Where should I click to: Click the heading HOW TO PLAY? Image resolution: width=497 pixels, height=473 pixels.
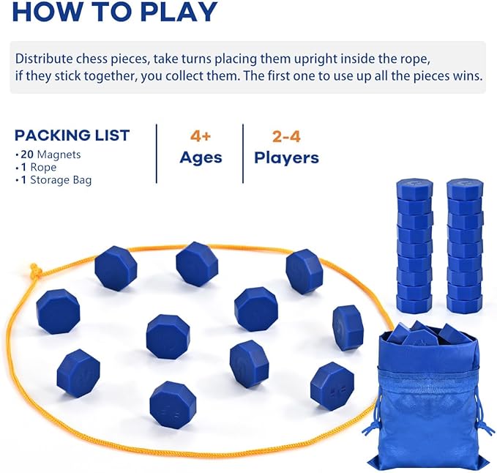(x=116, y=11)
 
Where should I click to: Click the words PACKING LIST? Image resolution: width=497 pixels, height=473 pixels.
(x=72, y=135)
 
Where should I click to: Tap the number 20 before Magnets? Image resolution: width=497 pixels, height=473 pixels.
(x=28, y=154)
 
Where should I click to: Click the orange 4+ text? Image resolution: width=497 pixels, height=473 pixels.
(x=201, y=136)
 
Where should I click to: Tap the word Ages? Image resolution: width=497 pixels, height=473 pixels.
(x=201, y=157)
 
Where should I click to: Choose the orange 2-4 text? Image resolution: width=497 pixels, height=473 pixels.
(x=285, y=136)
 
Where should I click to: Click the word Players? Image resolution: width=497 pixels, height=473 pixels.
(x=286, y=157)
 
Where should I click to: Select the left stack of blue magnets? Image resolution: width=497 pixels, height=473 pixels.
(x=414, y=245)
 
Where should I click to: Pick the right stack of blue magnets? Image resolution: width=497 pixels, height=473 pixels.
(x=465, y=245)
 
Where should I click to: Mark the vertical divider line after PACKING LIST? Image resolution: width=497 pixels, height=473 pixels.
(x=156, y=154)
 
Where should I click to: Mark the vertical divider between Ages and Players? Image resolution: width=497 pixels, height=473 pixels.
(x=243, y=154)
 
